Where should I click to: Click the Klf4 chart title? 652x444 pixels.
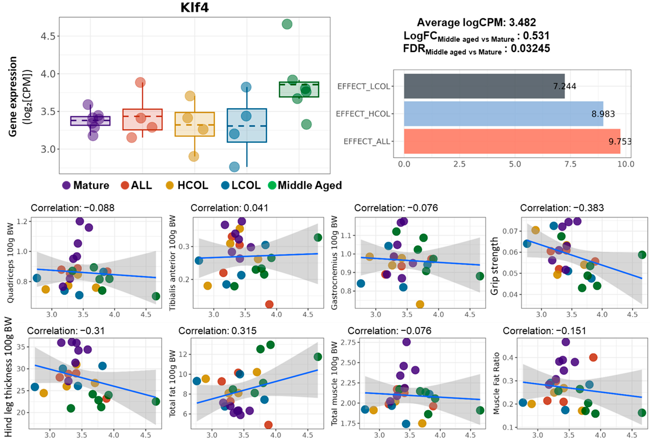pyautogui.click(x=194, y=8)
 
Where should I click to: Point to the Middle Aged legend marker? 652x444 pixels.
pyautogui.click(x=272, y=185)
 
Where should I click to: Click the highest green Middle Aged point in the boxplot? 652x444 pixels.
pyautogui.click(x=287, y=24)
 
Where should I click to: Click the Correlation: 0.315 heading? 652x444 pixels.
pyautogui.click(x=217, y=331)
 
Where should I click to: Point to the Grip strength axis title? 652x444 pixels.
pyautogui.click(x=495, y=266)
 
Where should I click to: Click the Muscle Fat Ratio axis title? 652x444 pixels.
pyautogui.click(x=496, y=383)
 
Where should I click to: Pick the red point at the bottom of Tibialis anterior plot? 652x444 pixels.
pyautogui.click(x=269, y=304)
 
